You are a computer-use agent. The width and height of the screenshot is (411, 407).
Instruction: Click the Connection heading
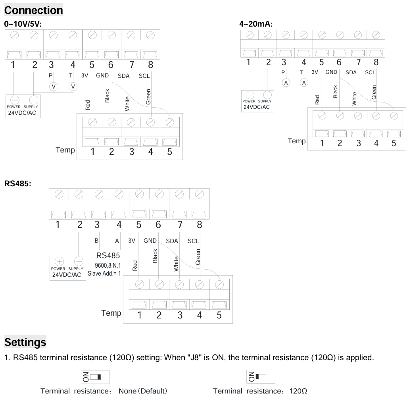coord(34,10)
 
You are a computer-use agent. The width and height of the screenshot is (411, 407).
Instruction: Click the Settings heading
coord(25,342)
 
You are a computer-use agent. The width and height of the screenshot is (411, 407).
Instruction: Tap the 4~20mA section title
coord(256,24)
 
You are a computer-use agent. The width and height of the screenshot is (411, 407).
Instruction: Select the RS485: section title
coord(17,183)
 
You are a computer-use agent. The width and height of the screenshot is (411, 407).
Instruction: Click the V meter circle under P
coord(54,87)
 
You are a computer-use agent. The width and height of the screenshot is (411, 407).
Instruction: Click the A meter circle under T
coord(304,83)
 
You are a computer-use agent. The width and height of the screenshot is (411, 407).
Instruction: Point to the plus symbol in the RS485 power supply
coord(59,262)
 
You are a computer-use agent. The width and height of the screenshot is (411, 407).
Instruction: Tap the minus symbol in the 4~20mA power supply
coord(267,95)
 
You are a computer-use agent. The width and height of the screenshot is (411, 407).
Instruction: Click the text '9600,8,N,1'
coord(108,265)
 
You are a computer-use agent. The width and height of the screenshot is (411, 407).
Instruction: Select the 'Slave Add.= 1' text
coord(104,274)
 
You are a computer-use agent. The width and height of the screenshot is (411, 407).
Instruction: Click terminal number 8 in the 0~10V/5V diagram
coord(150,65)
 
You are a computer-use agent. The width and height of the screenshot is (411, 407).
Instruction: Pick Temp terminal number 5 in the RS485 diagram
coord(219,315)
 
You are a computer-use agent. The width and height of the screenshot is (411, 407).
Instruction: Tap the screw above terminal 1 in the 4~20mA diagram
coord(250,35)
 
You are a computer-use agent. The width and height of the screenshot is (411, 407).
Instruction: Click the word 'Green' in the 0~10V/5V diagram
coord(148,97)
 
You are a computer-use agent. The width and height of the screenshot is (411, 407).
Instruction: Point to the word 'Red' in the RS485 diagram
coord(135,266)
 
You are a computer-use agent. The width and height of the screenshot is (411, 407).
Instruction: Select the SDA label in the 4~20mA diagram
coord(351,72)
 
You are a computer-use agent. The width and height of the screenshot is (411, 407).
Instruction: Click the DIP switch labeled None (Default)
coord(95,377)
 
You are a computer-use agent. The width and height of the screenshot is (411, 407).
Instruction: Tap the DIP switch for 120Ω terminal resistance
coord(261,377)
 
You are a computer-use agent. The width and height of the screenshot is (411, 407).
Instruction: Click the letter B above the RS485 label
coord(96,240)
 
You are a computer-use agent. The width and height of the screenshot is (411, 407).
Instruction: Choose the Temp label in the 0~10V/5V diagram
coord(65,150)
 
